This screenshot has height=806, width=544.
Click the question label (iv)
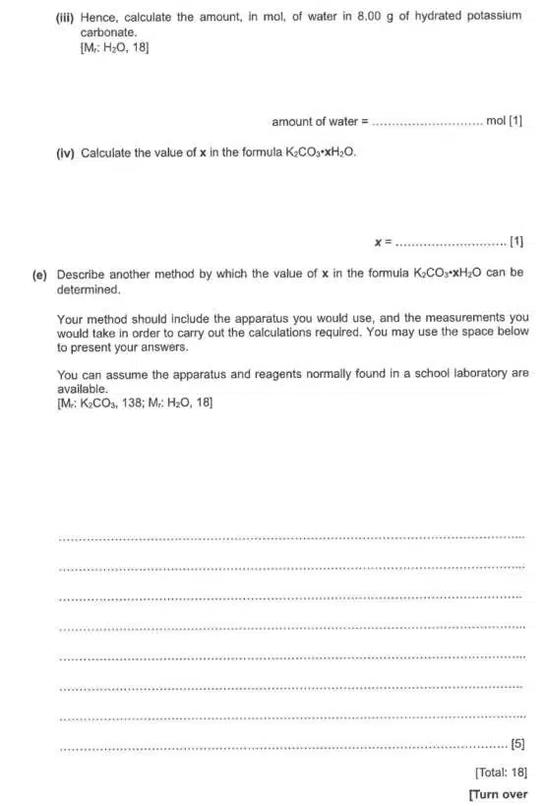click(66, 153)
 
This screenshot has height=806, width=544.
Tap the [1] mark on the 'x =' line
click(516, 241)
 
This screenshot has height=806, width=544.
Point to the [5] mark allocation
click(518, 746)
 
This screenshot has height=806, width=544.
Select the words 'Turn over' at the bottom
click(501, 794)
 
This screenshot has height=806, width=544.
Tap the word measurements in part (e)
click(463, 318)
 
